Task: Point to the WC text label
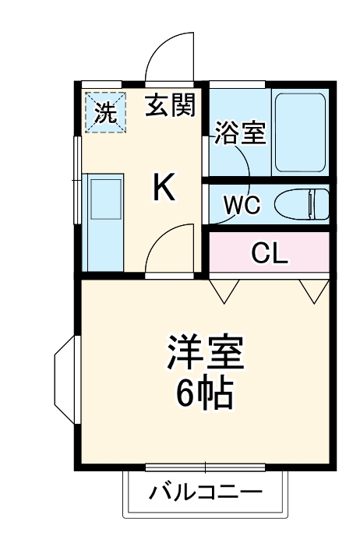(242, 205)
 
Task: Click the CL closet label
(270, 252)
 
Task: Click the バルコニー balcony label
(206, 492)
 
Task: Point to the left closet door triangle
(224, 291)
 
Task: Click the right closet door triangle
(316, 291)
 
